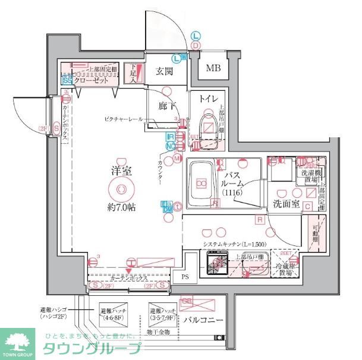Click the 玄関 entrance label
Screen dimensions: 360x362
coord(164,72)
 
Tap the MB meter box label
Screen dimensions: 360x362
coord(213,68)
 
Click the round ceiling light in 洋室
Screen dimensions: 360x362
coord(121,189)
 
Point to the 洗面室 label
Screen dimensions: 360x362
coord(284,204)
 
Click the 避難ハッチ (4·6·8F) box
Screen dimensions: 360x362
coord(114,314)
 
